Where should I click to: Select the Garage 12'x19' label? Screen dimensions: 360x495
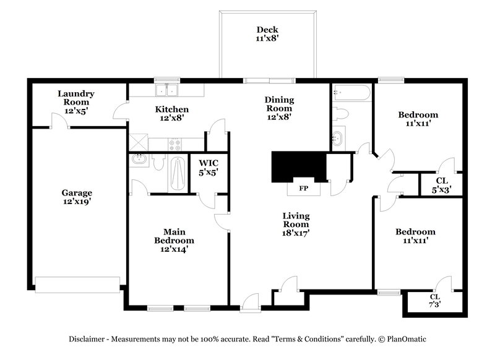click(x=76, y=197)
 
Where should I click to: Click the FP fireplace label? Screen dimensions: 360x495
click(x=304, y=187)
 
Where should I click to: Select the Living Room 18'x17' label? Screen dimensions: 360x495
click(x=296, y=225)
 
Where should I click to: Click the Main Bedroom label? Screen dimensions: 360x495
click(x=174, y=241)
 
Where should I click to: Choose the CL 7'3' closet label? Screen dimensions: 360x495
click(x=435, y=301)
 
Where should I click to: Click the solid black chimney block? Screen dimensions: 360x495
click(x=299, y=165)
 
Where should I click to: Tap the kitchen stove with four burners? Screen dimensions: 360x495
click(x=175, y=145)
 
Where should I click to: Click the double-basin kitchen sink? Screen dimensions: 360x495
click(x=166, y=91)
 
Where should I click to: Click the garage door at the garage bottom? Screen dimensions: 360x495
click(x=78, y=284)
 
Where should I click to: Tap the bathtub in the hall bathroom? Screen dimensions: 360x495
click(x=351, y=93)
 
